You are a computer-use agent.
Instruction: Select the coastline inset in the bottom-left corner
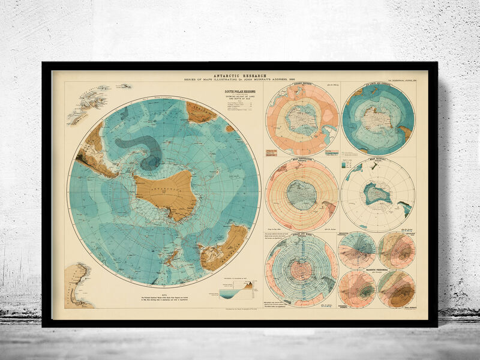coord(77,286)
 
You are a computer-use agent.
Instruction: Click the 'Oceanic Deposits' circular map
coord(302,119)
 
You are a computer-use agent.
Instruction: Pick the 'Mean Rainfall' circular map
coord(377,194)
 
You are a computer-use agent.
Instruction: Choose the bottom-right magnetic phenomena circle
coord(396,289)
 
